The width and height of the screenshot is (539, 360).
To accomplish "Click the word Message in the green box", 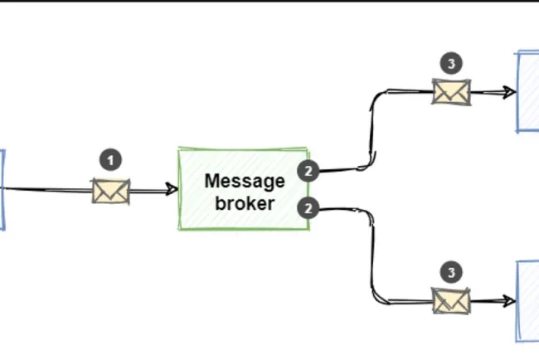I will point(244,181).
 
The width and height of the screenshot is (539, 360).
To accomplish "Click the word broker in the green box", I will point(244,202).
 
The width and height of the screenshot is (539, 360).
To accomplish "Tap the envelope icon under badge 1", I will point(110,191).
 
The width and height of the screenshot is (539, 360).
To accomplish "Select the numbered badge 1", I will point(110,160).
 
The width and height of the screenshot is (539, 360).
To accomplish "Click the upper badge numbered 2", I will point(308,172).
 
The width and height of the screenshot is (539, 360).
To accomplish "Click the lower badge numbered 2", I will point(308,208).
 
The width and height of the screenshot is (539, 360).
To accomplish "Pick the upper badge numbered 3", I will point(451,63).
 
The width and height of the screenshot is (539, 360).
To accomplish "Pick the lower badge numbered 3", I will point(451,272).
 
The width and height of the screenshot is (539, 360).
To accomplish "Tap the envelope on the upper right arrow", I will point(451,91).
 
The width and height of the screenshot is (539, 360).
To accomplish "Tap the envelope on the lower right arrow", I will point(451,299).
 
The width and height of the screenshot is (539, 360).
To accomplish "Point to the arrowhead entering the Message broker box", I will point(172,190).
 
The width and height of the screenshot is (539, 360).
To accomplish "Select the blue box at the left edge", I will point(2,189).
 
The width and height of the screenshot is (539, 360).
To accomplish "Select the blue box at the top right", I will point(528,91).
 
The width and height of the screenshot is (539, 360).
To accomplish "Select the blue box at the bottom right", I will point(528,300).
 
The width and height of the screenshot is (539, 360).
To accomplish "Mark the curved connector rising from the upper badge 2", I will point(372,124).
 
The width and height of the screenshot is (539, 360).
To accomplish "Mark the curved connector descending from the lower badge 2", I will point(371,257).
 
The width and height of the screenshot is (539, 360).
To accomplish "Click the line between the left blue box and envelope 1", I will point(50,190).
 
